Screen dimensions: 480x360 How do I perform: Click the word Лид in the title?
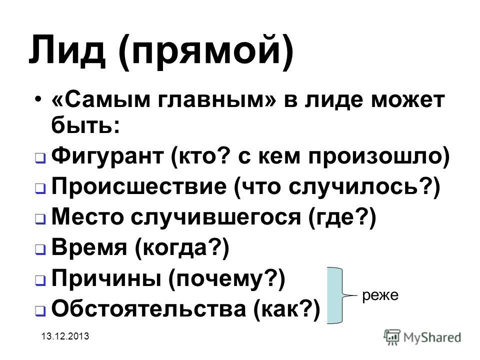[x=67, y=50]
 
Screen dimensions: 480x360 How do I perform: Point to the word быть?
[x=85, y=125]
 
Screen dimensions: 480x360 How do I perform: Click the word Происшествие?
[x=138, y=186]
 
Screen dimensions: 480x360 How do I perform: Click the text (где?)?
[x=342, y=217]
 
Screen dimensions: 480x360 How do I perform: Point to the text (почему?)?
[x=226, y=278]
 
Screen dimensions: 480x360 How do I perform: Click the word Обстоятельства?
[x=149, y=308]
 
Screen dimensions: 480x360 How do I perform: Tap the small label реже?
[x=380, y=295]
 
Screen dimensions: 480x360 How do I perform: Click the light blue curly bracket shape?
[x=335, y=295]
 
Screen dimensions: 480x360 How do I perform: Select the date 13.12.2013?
[x=65, y=336]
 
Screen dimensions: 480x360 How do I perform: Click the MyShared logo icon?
[x=392, y=337]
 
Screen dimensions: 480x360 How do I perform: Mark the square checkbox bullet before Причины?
[x=40, y=280]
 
